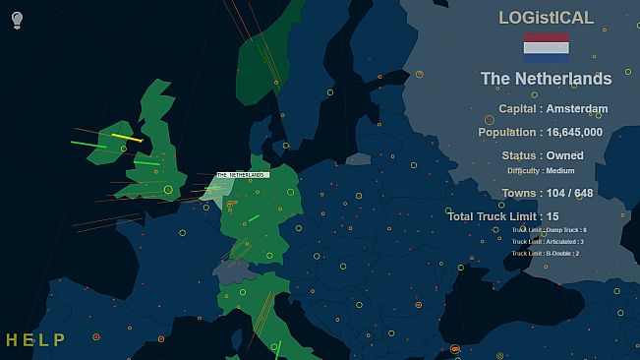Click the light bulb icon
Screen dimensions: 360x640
click(17, 20)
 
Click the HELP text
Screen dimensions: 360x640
click(35, 340)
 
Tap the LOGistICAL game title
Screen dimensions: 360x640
click(546, 18)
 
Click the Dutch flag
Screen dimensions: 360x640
click(546, 47)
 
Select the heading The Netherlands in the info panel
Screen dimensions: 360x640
click(546, 79)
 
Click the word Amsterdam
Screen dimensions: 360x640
click(577, 109)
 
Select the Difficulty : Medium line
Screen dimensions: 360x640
click(541, 171)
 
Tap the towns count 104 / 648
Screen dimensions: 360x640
click(569, 194)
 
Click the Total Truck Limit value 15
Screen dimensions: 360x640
click(553, 216)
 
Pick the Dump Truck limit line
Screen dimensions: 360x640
click(549, 229)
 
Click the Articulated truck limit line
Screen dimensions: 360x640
click(548, 241)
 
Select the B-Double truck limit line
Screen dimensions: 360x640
click(546, 253)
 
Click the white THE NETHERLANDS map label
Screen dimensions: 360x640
click(242, 175)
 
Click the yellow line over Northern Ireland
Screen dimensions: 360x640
click(127, 138)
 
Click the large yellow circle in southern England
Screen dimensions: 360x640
click(168, 189)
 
